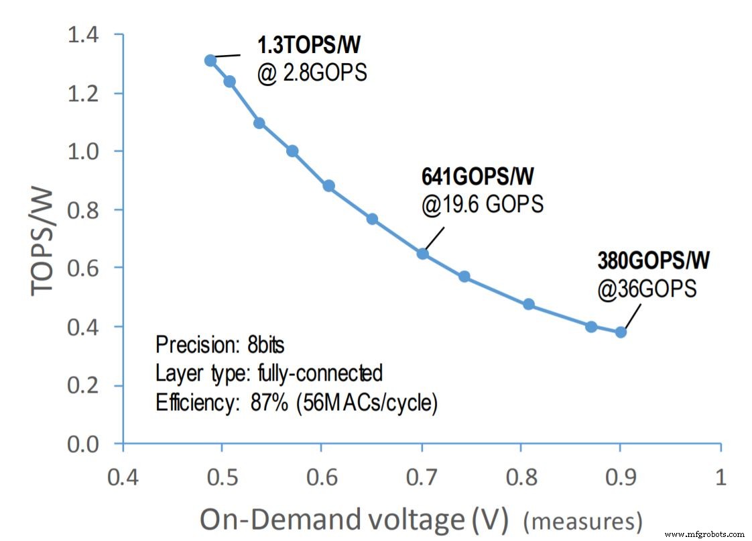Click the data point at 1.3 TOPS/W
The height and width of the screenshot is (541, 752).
[x=210, y=60]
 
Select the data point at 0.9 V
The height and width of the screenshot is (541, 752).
[x=621, y=332]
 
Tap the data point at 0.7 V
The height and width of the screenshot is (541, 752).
[x=423, y=254]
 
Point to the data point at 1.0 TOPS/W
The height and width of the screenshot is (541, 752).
[x=292, y=151]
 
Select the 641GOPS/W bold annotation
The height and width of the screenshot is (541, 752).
[x=478, y=177]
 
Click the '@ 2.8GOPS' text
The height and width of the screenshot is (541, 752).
[x=312, y=72]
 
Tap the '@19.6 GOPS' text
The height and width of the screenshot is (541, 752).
[x=482, y=204]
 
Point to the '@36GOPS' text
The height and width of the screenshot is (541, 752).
[x=647, y=289]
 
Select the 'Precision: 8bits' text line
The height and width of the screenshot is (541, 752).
[x=220, y=346]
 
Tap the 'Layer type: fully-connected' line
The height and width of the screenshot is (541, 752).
[x=269, y=374]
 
